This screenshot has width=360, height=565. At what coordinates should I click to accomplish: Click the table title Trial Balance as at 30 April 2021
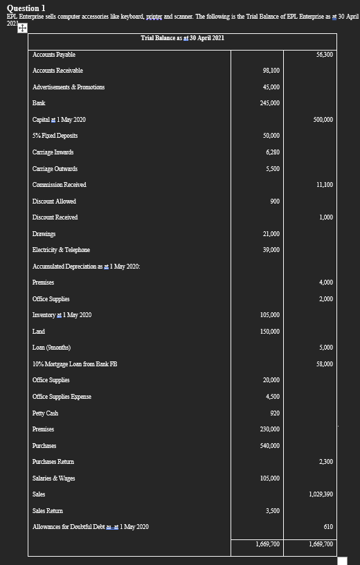click(x=181, y=37)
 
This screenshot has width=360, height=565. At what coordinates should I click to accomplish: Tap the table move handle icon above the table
click(x=21, y=28)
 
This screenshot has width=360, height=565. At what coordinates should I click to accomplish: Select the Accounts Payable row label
click(x=54, y=54)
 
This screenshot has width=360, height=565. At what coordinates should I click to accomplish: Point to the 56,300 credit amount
click(x=323, y=54)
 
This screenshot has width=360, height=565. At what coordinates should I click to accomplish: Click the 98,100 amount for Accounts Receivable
click(x=271, y=71)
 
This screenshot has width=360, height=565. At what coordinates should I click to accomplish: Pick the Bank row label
click(x=39, y=103)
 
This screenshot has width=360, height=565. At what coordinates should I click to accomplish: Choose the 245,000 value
click(x=270, y=103)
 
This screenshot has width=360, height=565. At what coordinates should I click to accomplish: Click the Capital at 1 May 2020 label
click(x=60, y=120)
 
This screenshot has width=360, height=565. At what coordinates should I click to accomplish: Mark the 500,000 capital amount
click(x=323, y=120)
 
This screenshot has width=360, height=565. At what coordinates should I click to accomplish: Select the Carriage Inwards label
click(x=53, y=152)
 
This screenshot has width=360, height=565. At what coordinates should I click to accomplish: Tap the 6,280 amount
click(x=272, y=152)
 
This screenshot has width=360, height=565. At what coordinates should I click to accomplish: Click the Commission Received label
click(x=60, y=185)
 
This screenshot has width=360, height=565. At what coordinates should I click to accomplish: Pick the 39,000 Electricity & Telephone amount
click(x=271, y=250)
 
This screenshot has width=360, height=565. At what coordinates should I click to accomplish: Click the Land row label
click(x=39, y=332)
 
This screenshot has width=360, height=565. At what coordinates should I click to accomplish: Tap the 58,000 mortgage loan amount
click(x=323, y=364)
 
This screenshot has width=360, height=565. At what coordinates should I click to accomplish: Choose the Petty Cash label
click(x=45, y=413)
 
